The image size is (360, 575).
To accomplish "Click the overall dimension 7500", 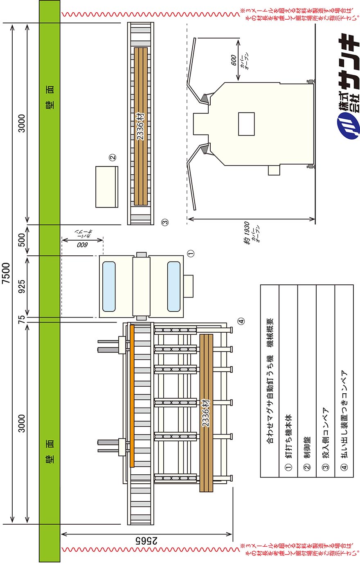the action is coord(6,273).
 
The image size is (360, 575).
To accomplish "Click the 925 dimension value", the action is coord(22,286).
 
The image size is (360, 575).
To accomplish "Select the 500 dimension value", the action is coord(22,240).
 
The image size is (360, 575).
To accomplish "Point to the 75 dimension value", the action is coord(22,319).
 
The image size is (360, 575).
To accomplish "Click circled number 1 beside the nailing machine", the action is coord(191,254).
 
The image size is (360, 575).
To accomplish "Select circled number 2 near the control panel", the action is coord(112,157).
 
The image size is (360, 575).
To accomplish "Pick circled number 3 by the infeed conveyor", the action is coord(165,222).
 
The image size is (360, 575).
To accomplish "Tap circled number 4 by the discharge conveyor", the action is coord(241,321).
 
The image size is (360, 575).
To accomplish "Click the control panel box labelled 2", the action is coord(107,187).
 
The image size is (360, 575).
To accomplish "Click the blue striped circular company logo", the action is coord(347,126).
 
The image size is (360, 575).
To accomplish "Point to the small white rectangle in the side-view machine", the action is coord(246,124).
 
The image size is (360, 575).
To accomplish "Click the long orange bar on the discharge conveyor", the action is coord(132,396).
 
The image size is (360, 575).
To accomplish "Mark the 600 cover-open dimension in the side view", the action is coord(234,60).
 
